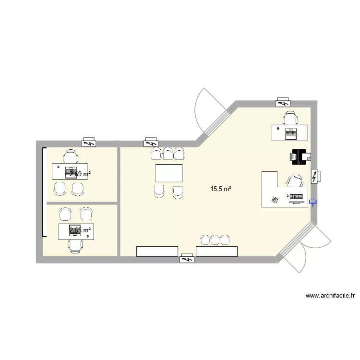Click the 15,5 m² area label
click(221, 189)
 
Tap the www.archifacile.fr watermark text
click(333, 297)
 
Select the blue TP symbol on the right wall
click(313, 202)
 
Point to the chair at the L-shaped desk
click(295, 181)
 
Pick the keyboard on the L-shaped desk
click(297, 196)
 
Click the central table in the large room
click(169, 173)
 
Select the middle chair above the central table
click(168, 153)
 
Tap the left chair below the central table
click(159, 191)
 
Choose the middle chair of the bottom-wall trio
click(215, 240)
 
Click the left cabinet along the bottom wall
click(157, 251)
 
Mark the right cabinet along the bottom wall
click(217, 251)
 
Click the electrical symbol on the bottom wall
click(186, 260)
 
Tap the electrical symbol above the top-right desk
click(283, 102)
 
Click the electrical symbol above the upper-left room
click(88, 143)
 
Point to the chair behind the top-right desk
click(290, 118)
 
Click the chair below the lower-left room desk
click(75, 245)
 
